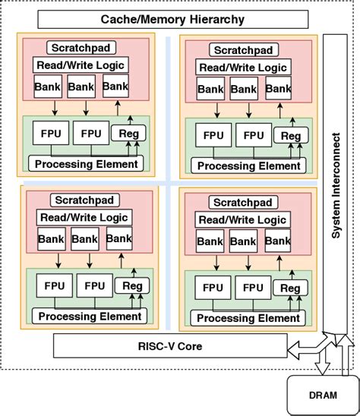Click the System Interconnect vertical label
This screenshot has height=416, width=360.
point(335,185)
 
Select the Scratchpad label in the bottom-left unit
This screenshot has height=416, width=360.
point(82,200)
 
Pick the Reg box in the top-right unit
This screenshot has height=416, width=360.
point(290,137)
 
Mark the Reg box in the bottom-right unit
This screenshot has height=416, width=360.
point(290,288)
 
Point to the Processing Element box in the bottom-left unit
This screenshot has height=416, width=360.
point(88,316)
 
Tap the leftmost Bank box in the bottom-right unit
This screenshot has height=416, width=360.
point(210,242)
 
